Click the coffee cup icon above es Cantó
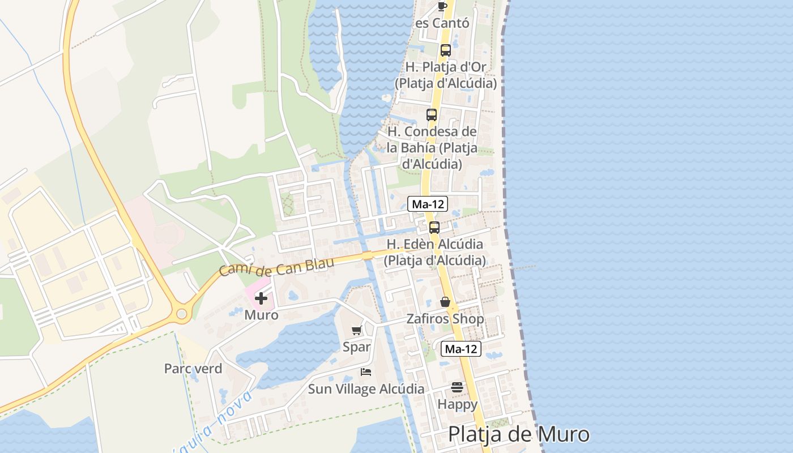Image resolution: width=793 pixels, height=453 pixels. tap(442, 6)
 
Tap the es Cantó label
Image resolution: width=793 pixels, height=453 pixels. tap(442, 23)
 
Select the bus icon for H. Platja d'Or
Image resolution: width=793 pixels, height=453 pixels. tap(446, 50)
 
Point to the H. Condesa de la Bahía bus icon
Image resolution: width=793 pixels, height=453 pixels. tap(432, 115)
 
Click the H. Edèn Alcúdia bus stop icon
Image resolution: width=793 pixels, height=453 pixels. tap(434, 228)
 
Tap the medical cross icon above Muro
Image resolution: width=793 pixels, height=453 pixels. tap(261, 298)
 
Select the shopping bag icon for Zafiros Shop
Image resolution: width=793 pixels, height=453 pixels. tap(445, 302)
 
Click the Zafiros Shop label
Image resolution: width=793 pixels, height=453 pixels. tap(445, 319)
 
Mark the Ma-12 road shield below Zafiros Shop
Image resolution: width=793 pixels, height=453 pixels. tap(461, 349)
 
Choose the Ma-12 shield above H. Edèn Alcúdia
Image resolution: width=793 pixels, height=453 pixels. tap(428, 204)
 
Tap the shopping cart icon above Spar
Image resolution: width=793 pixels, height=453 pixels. tap(356, 331)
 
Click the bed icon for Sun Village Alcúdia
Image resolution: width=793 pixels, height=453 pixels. tap(366, 372)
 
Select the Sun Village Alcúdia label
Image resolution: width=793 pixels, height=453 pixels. tap(366, 389)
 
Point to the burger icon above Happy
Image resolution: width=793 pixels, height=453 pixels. tap(457, 387)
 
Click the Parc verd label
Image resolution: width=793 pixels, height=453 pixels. tap(193, 369)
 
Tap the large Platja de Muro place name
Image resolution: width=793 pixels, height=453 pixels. tap(518, 434)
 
